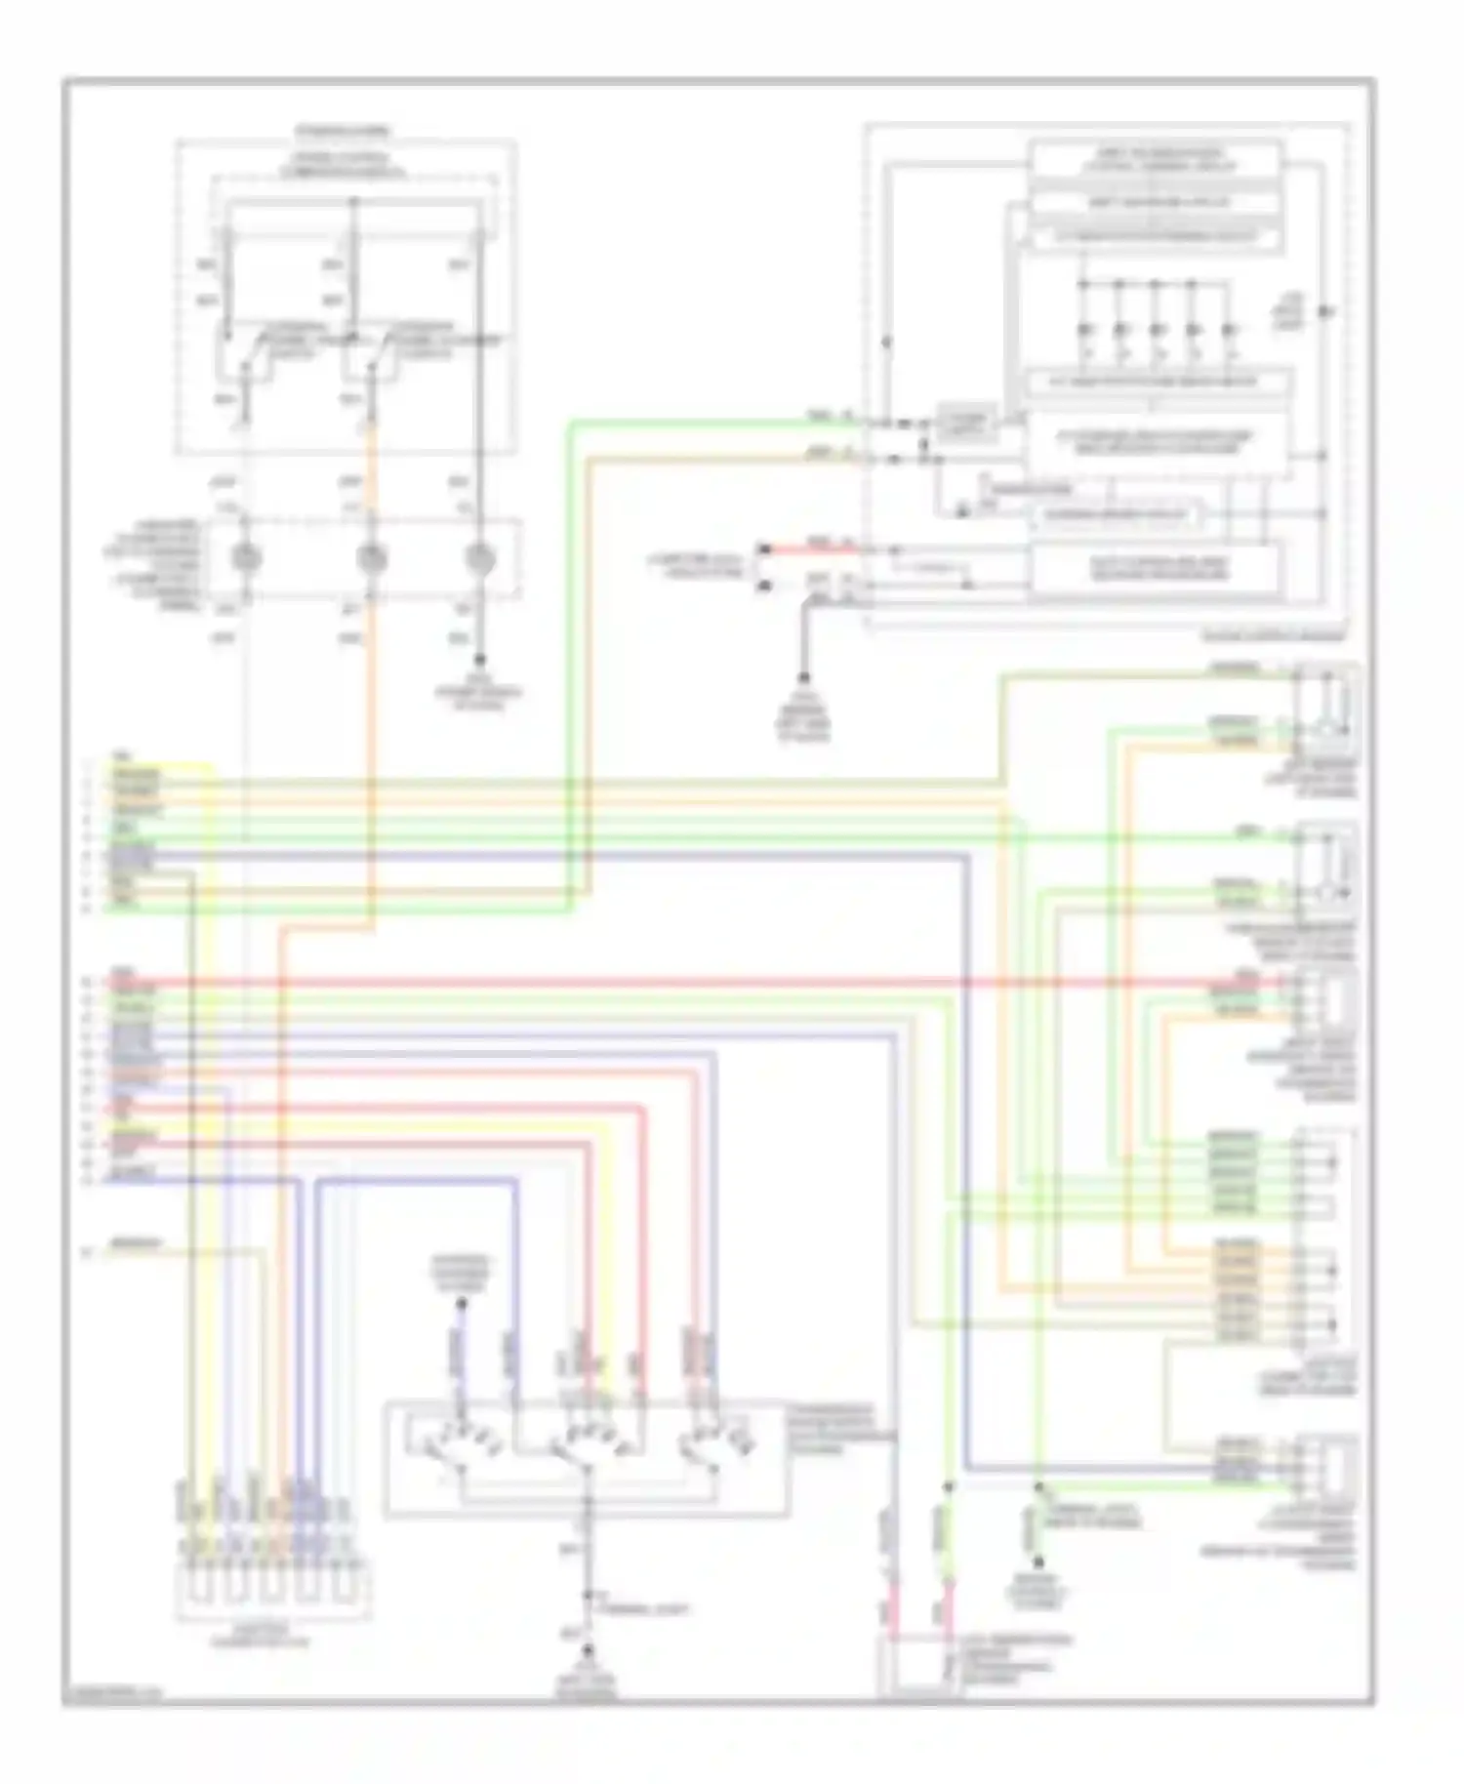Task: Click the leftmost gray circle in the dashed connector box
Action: click(x=245, y=558)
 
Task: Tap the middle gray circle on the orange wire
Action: click(x=371, y=558)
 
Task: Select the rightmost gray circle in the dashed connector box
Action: click(x=478, y=558)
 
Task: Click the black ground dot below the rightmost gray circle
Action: click(x=479, y=662)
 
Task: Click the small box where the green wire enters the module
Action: click(x=966, y=424)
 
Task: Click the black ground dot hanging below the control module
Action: click(x=804, y=677)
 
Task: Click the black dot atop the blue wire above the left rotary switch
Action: click(x=462, y=1303)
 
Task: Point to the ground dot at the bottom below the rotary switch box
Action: click(x=588, y=1649)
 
